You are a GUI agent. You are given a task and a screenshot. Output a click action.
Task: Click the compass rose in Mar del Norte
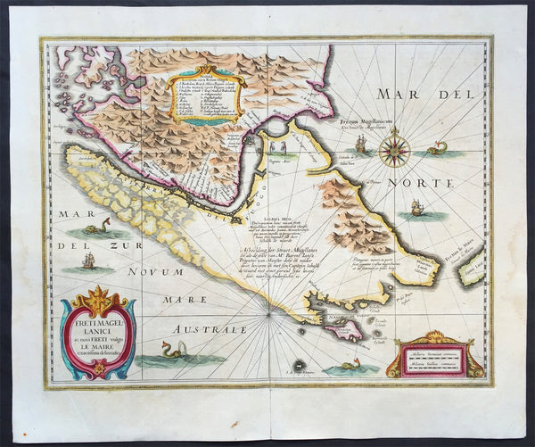[x=393, y=150]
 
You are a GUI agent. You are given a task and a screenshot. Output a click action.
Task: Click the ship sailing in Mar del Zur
[x=88, y=261]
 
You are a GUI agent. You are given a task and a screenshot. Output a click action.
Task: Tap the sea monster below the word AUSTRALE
[x=169, y=354]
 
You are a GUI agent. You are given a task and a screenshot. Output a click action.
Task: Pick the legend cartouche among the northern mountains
[x=205, y=95]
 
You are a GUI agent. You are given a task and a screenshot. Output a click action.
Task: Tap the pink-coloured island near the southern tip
[x=346, y=330]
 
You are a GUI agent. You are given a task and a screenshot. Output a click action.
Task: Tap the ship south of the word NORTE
[x=417, y=210]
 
